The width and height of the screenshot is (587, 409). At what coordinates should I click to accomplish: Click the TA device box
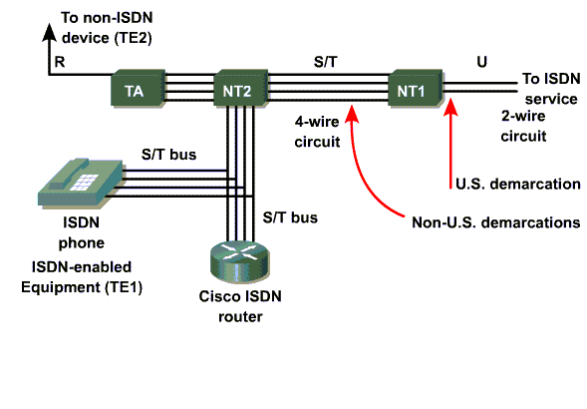(138, 88)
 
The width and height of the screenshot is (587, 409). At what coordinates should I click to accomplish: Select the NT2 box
(240, 88)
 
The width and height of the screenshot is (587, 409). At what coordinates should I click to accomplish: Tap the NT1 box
(416, 88)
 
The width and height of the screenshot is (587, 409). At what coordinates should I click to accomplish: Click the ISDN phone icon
(80, 183)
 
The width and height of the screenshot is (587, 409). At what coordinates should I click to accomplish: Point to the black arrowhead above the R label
(49, 32)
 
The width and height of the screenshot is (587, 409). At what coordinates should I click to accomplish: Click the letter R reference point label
(60, 62)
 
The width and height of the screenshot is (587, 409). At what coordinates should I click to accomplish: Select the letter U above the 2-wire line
(481, 62)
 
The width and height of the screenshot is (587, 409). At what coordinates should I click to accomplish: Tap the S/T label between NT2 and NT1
(325, 62)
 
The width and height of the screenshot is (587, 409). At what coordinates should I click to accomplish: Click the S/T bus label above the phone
(168, 155)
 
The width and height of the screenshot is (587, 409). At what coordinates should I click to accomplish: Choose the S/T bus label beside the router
(290, 217)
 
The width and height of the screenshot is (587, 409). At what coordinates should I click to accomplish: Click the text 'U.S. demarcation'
(518, 184)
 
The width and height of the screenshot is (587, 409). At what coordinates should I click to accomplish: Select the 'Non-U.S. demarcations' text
(496, 222)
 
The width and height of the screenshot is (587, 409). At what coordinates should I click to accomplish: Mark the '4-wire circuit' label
(317, 132)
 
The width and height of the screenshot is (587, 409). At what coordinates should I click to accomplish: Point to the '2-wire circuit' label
(523, 126)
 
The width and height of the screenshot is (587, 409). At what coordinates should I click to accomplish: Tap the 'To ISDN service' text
(551, 89)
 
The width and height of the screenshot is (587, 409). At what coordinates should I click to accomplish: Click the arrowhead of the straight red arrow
(450, 107)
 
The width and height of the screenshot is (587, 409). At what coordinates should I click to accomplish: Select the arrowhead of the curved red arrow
(352, 114)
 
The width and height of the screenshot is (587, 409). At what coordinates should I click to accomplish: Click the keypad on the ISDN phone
(85, 182)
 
